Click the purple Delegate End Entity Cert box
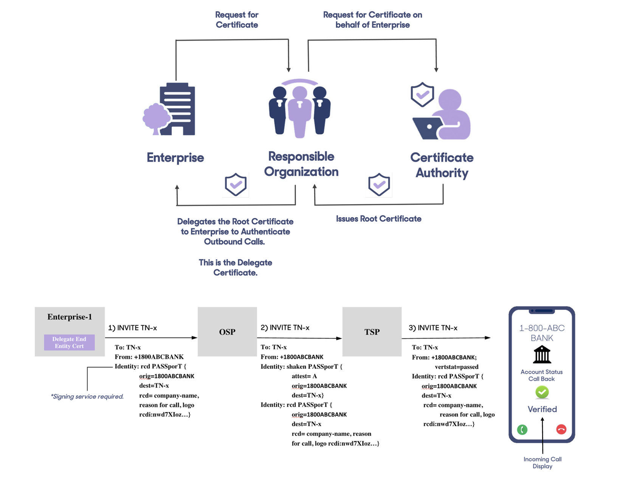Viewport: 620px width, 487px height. [x=69, y=342]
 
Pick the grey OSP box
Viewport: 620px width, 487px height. [x=227, y=332]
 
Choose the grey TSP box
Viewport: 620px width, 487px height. [x=372, y=332]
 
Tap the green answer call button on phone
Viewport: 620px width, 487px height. [x=522, y=430]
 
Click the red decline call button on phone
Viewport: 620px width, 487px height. [x=561, y=429]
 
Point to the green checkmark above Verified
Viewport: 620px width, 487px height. [x=542, y=392]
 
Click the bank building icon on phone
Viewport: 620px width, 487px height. [x=542, y=355]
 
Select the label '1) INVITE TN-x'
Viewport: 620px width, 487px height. [x=132, y=328]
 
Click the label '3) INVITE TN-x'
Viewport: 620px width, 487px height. [x=433, y=328]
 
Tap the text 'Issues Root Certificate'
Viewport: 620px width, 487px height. [x=378, y=219]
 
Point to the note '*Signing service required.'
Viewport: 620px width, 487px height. [x=87, y=396]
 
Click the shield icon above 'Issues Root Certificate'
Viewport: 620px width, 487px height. [x=379, y=185]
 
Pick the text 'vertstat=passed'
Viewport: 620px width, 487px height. [x=457, y=367]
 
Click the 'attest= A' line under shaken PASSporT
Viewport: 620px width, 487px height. [x=304, y=376]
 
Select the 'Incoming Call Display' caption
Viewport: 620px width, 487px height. [x=542, y=463]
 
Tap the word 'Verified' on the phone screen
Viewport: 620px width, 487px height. [x=542, y=409]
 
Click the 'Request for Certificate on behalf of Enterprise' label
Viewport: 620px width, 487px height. [x=372, y=20]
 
